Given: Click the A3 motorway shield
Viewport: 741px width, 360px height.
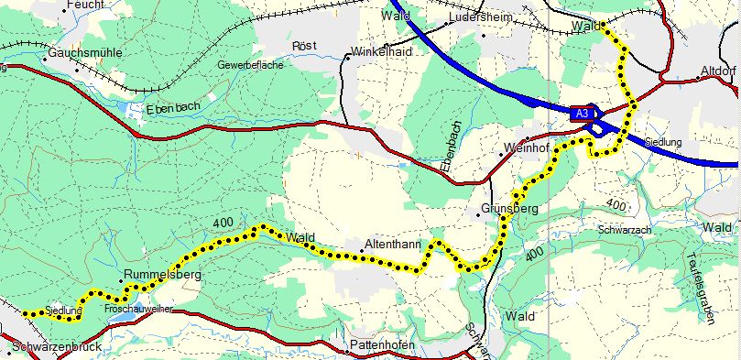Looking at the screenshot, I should pyautogui.click(x=580, y=113).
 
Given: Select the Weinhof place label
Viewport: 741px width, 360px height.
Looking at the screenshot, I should pyautogui.click(x=525, y=147).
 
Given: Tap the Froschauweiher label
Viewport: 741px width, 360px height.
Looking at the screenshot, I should pyautogui.click(x=138, y=310).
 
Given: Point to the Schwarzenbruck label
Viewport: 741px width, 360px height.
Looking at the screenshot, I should pyautogui.click(x=56, y=348).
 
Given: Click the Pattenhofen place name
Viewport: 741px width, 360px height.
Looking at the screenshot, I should pyautogui.click(x=384, y=345).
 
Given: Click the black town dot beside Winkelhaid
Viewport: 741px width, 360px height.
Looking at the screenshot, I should pyautogui.click(x=348, y=56).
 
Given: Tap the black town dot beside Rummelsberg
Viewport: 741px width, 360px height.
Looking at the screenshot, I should pyautogui.click(x=121, y=280).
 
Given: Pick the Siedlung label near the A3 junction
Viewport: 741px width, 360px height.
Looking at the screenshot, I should pyautogui.click(x=663, y=143).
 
